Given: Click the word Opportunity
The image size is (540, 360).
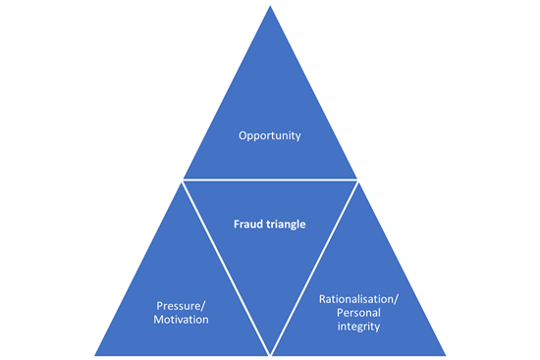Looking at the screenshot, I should (269, 135).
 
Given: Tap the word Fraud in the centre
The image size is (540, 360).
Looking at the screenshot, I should (248, 224).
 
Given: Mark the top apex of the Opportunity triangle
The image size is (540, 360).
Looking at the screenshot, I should (269, 7).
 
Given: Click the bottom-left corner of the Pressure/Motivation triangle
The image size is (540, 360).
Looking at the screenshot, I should (95, 354).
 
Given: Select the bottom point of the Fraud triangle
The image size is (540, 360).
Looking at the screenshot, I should (270, 352).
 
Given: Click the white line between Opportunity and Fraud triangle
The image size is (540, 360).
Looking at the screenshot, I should (270, 180).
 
